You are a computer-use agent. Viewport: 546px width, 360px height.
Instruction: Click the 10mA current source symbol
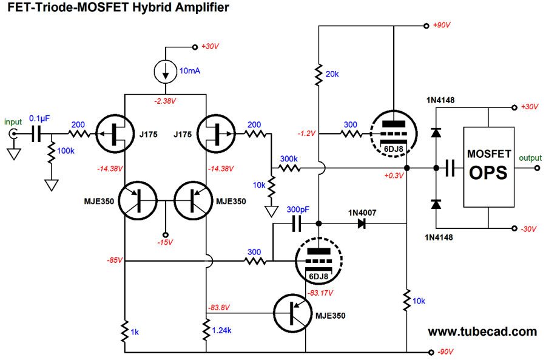pyautogui.click(x=166, y=72)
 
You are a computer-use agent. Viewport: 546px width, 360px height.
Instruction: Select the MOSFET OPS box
pyautogui.click(x=489, y=163)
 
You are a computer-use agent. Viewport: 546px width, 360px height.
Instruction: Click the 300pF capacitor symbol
pyautogui.click(x=296, y=224)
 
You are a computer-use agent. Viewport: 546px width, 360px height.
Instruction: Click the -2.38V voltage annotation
pyautogui.click(x=166, y=100)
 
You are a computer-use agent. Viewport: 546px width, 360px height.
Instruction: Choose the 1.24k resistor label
pyautogui.click(x=222, y=330)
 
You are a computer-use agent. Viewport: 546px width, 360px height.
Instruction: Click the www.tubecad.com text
pyautogui.click(x=482, y=331)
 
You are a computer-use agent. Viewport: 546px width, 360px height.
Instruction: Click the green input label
pyautogui.click(x=13, y=121)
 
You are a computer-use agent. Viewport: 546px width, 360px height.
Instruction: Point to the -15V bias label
pyautogui.click(x=165, y=242)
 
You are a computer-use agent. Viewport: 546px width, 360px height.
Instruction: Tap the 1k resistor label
pyautogui.click(x=135, y=332)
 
